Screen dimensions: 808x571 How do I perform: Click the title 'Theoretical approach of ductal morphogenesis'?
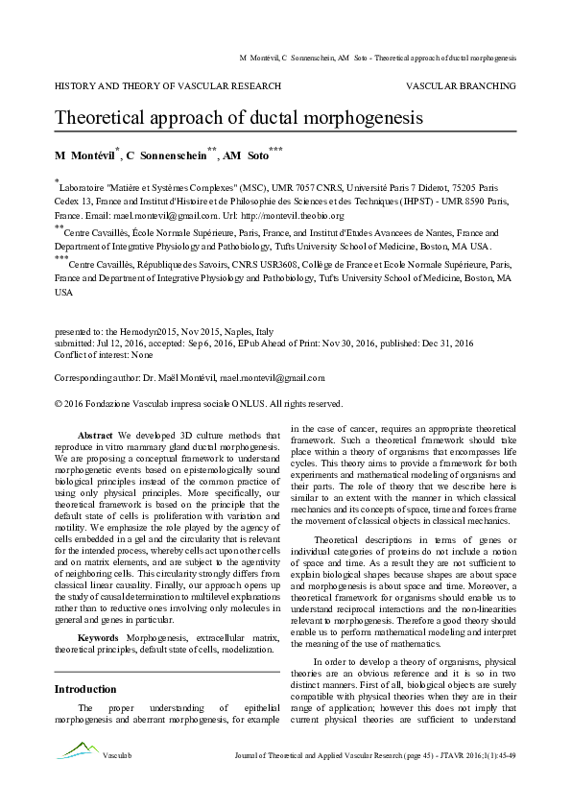238,118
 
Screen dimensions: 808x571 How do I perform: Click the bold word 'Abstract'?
95,435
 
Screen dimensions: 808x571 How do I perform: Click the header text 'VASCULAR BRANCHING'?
461,85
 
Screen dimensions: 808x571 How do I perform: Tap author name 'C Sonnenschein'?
166,155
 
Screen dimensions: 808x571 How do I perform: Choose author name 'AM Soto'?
248,155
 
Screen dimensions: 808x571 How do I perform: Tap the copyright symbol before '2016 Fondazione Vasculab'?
59,403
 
